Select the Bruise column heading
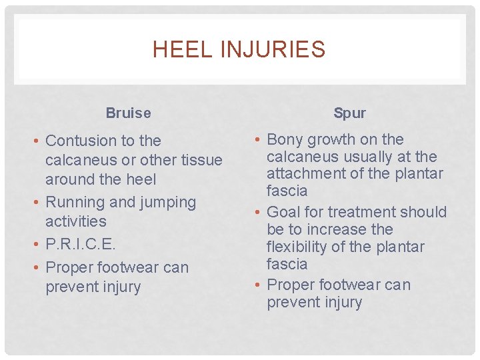click(x=128, y=113)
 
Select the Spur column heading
click(x=349, y=113)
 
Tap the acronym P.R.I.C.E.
click(x=81, y=245)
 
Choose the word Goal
click(x=283, y=212)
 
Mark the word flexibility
click(x=299, y=247)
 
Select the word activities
click(x=75, y=221)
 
